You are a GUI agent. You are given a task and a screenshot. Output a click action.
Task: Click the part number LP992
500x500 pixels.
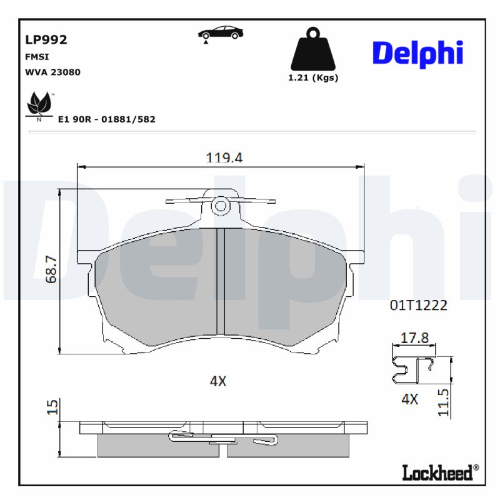click(x=46, y=40)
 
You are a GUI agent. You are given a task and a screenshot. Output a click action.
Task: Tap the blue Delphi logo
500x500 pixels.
click(x=417, y=54)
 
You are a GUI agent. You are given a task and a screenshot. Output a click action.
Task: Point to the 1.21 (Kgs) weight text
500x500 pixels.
click(x=312, y=78)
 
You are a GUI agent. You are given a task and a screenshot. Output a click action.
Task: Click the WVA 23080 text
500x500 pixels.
click(x=52, y=72)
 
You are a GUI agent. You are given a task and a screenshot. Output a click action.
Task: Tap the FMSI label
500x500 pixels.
click(x=36, y=57)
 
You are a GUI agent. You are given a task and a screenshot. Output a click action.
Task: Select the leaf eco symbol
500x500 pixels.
click(x=39, y=105)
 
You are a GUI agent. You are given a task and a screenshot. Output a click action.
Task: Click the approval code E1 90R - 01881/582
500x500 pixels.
click(x=106, y=119)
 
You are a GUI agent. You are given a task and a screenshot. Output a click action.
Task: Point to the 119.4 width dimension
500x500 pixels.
click(x=224, y=157)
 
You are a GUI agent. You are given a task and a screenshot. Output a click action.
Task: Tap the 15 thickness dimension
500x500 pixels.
click(x=53, y=407)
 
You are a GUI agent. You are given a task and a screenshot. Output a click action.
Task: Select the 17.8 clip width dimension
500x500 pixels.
click(x=414, y=338)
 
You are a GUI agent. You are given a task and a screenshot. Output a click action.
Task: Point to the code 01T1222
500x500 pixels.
click(x=418, y=305)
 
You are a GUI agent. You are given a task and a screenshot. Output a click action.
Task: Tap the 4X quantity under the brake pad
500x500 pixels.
click(x=217, y=381)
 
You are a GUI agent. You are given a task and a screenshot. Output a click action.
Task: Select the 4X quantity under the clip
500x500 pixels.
click(x=409, y=399)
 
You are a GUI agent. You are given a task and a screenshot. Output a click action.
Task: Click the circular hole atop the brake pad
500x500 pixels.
click(x=220, y=206)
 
